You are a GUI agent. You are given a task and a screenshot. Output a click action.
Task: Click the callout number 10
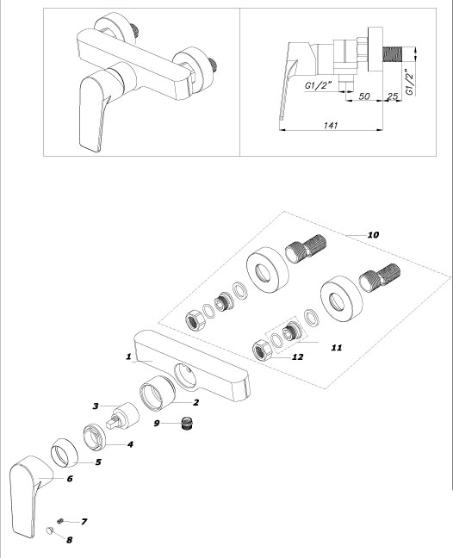click(373, 235)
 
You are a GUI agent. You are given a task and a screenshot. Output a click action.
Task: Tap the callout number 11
click(337, 348)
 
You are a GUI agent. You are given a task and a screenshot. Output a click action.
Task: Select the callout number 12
click(297, 357)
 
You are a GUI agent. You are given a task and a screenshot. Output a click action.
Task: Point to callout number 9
click(157, 424)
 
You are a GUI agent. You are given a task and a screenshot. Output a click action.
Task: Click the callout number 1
click(128, 356)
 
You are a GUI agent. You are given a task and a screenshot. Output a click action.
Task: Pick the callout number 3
click(96, 406)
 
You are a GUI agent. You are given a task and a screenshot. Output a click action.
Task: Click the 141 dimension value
click(331, 125)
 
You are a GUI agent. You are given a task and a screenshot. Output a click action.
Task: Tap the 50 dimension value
click(364, 96)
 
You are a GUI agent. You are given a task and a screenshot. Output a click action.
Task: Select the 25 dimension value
click(392, 96)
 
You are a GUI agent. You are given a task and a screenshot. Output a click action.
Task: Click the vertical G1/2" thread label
click(410, 83)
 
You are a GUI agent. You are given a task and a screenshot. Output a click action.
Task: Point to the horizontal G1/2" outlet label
click(318, 85)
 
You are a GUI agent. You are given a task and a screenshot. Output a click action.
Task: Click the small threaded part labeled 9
click(187, 424)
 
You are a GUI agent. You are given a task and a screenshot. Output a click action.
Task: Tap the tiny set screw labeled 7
click(60, 521)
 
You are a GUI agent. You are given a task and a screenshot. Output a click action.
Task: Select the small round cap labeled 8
click(49, 531)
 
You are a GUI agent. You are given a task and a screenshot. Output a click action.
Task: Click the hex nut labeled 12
click(263, 350)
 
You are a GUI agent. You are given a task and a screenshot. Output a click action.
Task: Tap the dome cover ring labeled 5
click(65, 453)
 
